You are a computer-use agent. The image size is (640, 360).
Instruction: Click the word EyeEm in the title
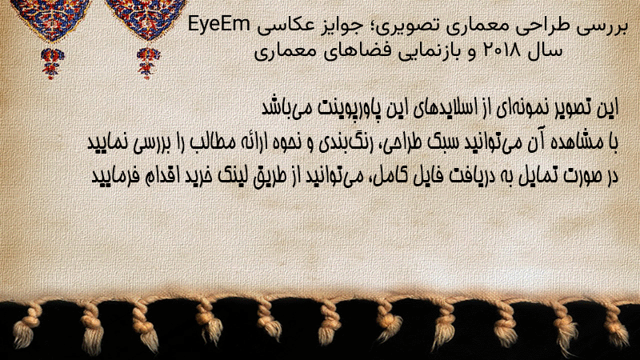tap(218, 25)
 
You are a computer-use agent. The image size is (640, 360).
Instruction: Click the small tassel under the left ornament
tap(51, 63)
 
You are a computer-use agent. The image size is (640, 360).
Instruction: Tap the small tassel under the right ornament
tap(148, 63)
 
